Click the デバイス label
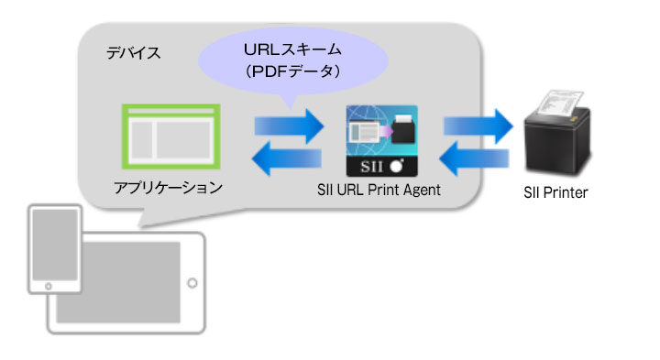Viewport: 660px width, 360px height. tap(135, 53)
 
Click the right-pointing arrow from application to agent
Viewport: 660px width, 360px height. tap(289, 125)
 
